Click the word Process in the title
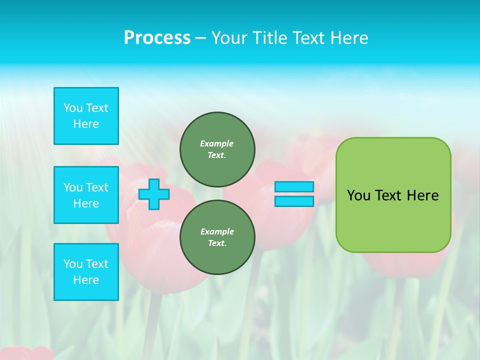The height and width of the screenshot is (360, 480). pyautogui.click(x=157, y=38)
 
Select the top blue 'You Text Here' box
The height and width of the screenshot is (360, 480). pyautogui.click(x=86, y=116)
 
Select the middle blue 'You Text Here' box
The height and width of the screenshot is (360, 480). pyautogui.click(x=86, y=195)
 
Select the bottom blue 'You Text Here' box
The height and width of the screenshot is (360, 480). pyautogui.click(x=86, y=272)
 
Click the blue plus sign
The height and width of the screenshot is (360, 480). pyautogui.click(x=153, y=194)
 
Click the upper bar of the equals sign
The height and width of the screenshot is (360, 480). pyautogui.click(x=294, y=187)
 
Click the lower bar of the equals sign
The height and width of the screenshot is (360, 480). pyautogui.click(x=294, y=201)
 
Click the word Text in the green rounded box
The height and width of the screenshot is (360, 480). pyautogui.click(x=387, y=195)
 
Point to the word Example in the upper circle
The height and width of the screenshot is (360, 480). pyautogui.click(x=217, y=143)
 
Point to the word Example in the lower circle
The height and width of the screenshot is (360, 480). pyautogui.click(x=217, y=231)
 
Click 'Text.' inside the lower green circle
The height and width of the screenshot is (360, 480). pyautogui.click(x=217, y=243)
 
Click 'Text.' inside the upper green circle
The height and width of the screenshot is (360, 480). pyautogui.click(x=217, y=155)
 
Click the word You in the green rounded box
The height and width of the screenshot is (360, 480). pyautogui.click(x=358, y=195)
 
